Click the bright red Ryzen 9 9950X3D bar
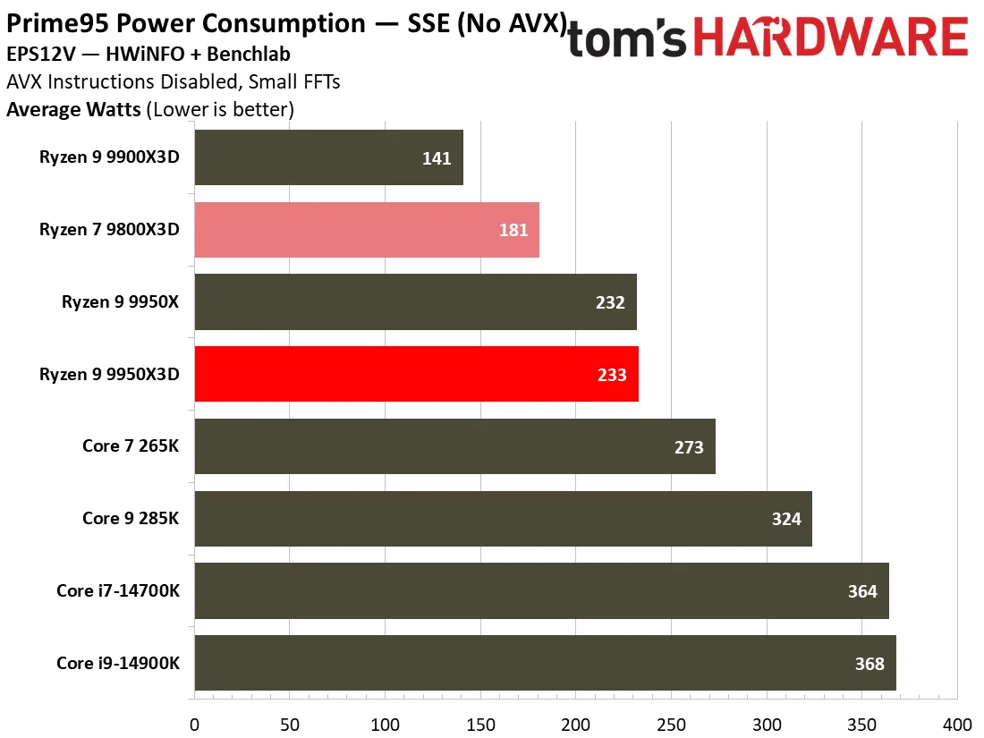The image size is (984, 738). pos(417,374)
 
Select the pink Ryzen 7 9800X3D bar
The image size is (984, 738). pos(367,230)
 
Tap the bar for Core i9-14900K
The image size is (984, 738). pos(546,663)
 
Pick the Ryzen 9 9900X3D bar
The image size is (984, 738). pos(329,157)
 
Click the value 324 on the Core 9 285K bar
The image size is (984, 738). pos(786,519)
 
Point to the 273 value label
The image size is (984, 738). pos(689,446)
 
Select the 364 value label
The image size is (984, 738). pos(862,591)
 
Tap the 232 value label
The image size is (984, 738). pos(610,302)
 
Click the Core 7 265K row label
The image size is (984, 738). pos(131,445)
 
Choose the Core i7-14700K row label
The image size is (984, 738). pos(118,590)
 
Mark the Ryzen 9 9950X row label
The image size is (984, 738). pos(120,301)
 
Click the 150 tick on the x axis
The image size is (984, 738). pos(480,725)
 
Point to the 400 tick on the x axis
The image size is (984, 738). pos(957,725)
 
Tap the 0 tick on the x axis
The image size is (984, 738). pos(194,725)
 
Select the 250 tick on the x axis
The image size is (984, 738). pos(672,725)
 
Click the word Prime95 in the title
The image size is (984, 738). pos(58,24)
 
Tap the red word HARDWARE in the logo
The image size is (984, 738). pos(831,37)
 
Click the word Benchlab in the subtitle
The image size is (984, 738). pos(249,54)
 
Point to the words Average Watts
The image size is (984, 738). pos(73,109)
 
